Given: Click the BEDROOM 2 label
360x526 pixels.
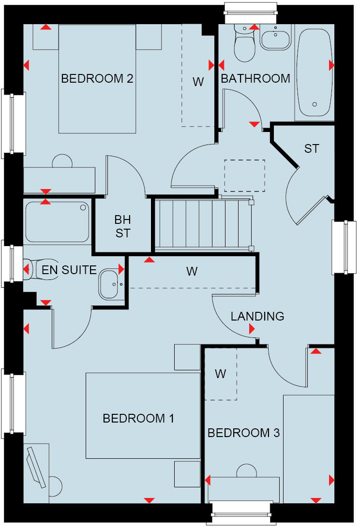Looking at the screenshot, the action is pyautogui.click(x=97, y=78).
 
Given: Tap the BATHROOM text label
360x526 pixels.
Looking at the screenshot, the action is pyautogui.click(x=255, y=78).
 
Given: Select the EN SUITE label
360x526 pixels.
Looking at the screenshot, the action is pyautogui.click(x=69, y=270).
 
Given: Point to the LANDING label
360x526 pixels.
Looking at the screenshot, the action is pyautogui.click(x=257, y=317).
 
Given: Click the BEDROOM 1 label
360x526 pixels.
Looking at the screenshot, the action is pyautogui.click(x=138, y=418).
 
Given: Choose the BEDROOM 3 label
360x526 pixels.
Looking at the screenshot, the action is pyautogui.click(x=243, y=433).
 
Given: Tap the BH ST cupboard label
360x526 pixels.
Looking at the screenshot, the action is pyautogui.click(x=122, y=226).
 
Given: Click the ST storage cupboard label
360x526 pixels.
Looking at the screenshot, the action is pyautogui.click(x=312, y=148).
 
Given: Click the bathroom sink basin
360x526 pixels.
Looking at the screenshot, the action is pyautogui.click(x=275, y=37).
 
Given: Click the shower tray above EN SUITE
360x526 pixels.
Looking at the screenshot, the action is pyautogui.click(x=58, y=222).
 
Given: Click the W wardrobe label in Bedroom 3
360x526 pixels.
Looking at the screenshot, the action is pyautogui.click(x=221, y=374).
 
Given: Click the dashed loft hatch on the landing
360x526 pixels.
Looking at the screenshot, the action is pyautogui.click(x=244, y=175).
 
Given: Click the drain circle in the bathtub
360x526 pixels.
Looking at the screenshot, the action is pyautogui.click(x=315, y=104).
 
